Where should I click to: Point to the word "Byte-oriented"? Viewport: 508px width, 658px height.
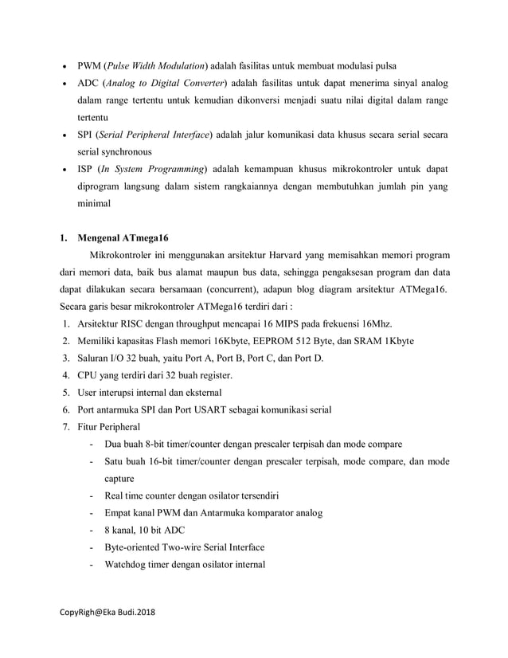point(123,547)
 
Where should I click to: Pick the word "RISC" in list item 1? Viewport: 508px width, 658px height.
point(135,323)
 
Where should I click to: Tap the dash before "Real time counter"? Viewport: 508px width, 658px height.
point(95,495)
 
